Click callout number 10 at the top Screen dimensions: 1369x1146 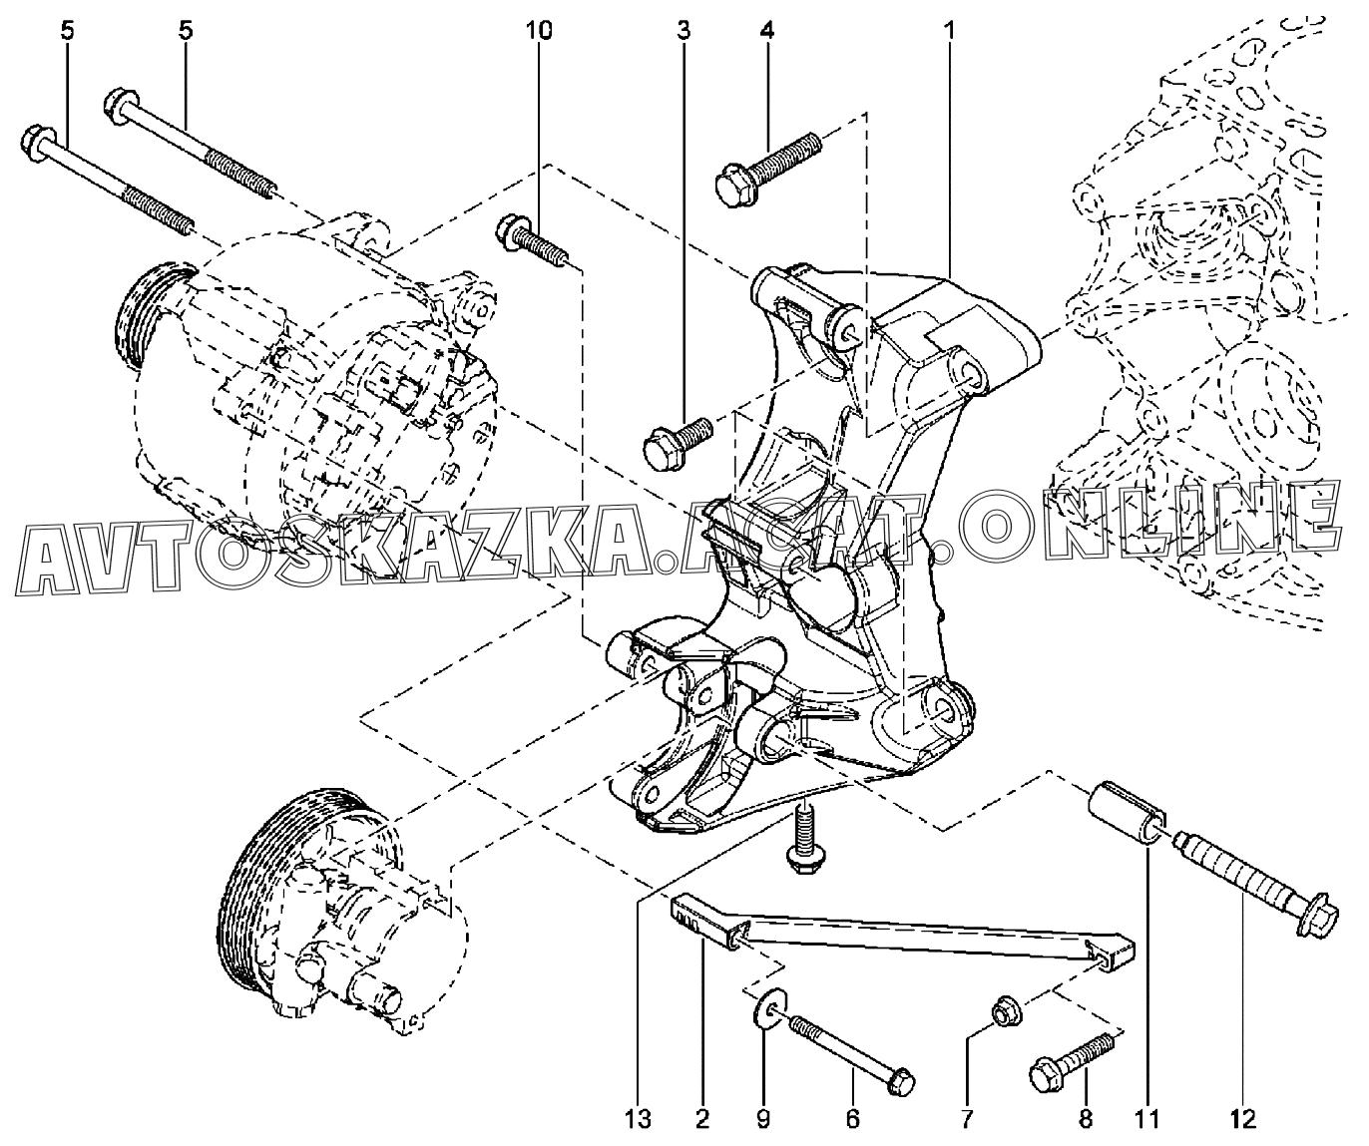pos(538,30)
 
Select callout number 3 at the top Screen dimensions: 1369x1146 pos(684,30)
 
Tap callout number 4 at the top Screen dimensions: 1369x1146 pos(767,30)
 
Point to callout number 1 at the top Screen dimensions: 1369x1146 pos(949,30)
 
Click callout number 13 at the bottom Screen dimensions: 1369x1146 pos(638,1119)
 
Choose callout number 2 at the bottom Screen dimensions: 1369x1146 pos(702,1119)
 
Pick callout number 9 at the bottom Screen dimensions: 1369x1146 pos(763,1119)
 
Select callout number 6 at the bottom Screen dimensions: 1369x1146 pos(852,1119)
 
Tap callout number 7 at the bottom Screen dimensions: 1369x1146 pos(967,1119)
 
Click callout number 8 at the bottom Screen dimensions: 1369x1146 pos(1086,1119)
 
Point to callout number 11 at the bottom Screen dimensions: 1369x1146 pos(1148,1119)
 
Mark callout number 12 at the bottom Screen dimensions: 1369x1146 pos(1243,1119)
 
